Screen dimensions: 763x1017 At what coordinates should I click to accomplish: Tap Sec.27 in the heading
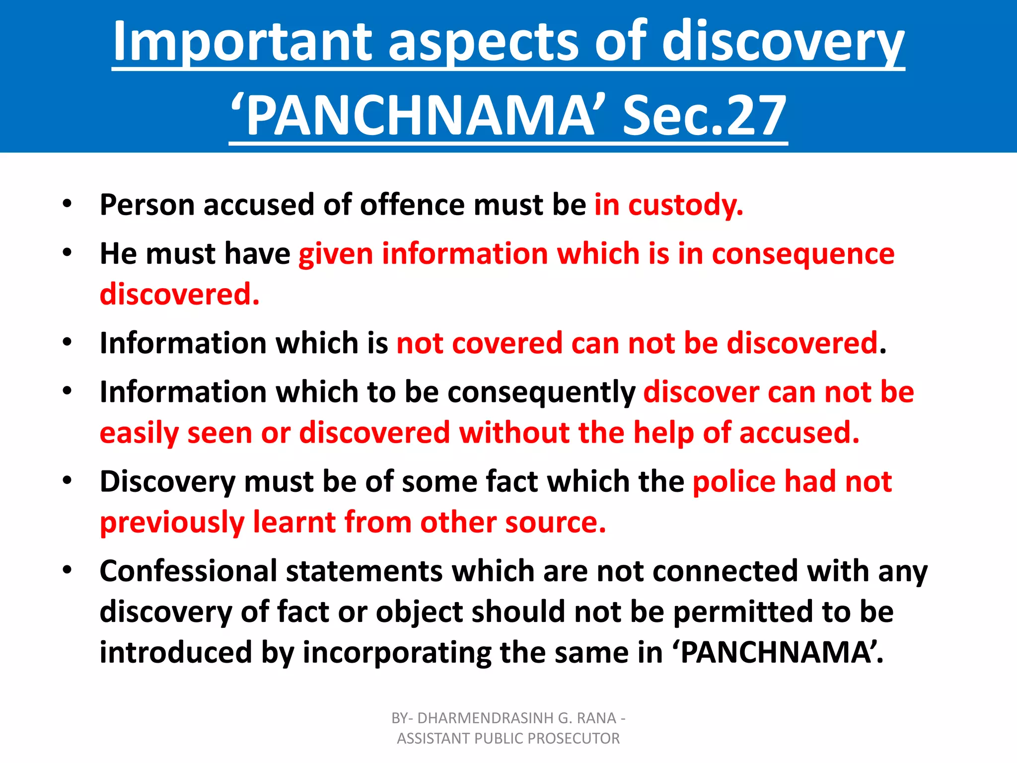click(704, 116)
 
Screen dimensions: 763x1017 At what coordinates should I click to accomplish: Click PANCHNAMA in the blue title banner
click(420, 116)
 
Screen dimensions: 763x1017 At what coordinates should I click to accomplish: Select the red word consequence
click(803, 254)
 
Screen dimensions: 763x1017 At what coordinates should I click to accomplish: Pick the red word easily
click(139, 433)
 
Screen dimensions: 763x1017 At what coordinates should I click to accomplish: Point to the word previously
click(172, 523)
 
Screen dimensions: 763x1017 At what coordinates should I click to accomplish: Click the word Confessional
click(188, 571)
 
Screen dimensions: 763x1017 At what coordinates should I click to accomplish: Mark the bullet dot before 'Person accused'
click(67, 204)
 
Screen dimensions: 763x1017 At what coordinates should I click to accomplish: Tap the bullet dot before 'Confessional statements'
click(67, 570)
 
